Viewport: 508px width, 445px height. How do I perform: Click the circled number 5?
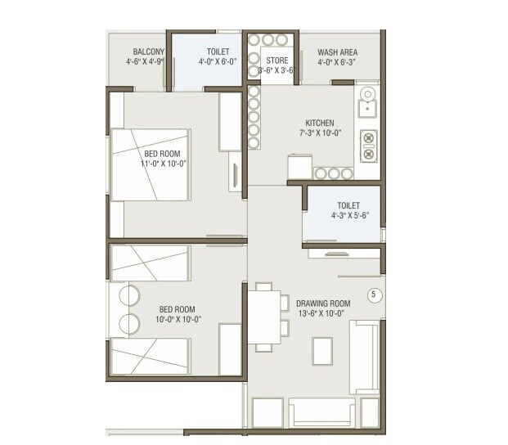click(x=375, y=294)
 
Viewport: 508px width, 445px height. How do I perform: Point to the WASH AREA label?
click(x=337, y=52)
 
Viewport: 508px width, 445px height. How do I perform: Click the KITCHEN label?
click(x=320, y=124)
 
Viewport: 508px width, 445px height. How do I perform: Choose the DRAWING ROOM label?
click(x=323, y=303)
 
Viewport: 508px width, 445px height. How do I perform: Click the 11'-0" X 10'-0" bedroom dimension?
click(x=164, y=163)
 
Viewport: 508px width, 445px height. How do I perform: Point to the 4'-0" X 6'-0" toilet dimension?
click(x=218, y=61)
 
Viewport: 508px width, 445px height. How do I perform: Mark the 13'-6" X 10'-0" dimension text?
click(x=323, y=312)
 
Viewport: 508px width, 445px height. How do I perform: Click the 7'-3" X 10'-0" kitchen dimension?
click(x=320, y=133)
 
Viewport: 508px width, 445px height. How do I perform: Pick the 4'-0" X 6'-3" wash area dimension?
click(x=337, y=62)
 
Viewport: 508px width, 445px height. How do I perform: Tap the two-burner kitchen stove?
click(x=367, y=145)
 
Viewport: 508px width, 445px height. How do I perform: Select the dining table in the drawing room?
click(x=263, y=317)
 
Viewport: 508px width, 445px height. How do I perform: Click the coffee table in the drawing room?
click(x=323, y=351)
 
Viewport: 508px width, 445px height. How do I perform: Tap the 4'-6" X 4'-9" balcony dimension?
click(x=145, y=61)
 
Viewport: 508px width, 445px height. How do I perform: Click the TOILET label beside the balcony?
click(x=218, y=52)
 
